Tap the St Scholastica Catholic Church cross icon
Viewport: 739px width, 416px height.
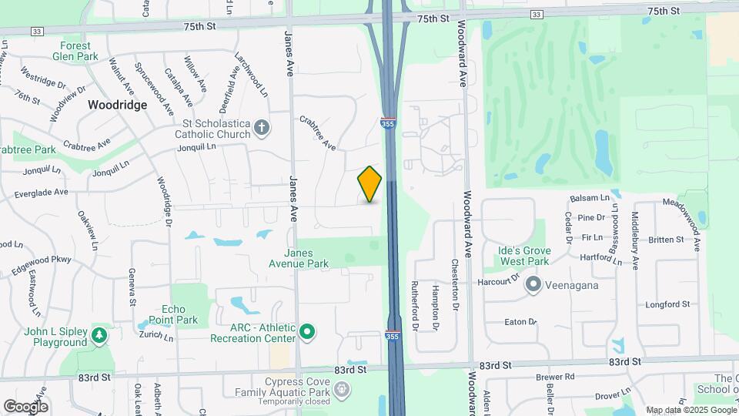[262, 127]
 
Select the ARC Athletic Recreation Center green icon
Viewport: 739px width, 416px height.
[307, 333]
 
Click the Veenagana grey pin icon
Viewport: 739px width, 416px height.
[533, 285]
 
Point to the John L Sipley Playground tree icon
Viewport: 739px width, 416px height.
[99, 336]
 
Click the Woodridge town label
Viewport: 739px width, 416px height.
[117, 105]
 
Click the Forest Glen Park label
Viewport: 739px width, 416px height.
[76, 51]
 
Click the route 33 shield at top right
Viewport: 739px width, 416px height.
[537, 14]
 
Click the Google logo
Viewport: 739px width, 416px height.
[25, 406]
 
